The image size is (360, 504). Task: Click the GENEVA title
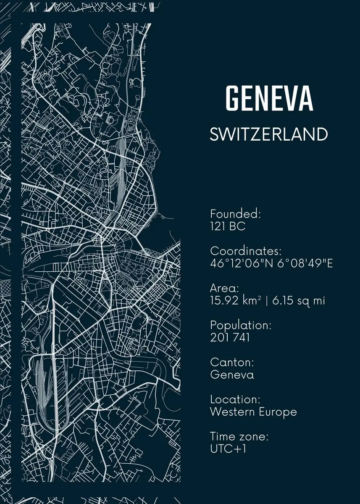pos(269,98)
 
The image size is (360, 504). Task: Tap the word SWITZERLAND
pos(268,134)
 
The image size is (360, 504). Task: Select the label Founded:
pos(236,214)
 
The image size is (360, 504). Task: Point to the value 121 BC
pos(228,226)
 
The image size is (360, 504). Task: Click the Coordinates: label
pos(246,251)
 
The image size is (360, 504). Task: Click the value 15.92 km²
pos(236,301)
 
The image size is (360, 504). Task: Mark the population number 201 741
pos(230,337)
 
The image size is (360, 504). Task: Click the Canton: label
pos(232,362)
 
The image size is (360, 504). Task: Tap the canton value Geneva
pos(232,374)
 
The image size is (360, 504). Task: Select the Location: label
pos(236,399)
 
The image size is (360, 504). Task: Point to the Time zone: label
pos(239,436)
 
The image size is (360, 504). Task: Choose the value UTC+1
pos(228,449)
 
